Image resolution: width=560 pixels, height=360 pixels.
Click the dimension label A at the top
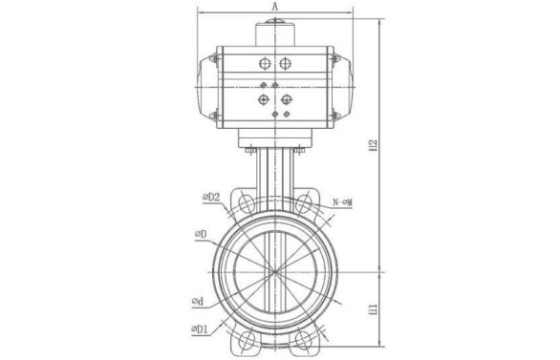[274, 6]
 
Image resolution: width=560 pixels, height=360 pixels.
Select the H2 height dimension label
[374, 145]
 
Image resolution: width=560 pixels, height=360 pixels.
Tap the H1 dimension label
[374, 309]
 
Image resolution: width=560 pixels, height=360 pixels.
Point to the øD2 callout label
[211, 197]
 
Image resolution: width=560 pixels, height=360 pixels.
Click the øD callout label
[201, 234]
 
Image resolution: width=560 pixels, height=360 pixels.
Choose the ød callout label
[198, 302]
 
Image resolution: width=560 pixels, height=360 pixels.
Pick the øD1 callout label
[200, 329]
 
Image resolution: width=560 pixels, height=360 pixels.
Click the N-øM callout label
[342, 202]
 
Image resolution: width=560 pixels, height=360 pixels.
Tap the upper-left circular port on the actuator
[265, 64]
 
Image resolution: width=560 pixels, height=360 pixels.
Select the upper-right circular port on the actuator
[285, 64]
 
